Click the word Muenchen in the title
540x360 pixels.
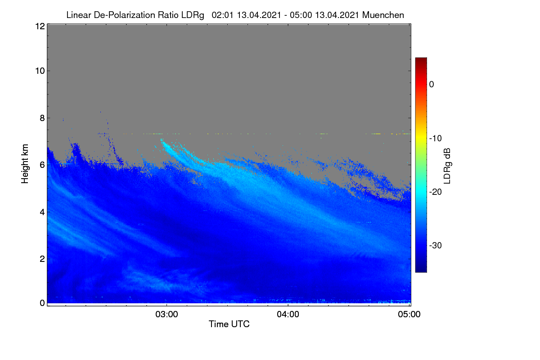(383, 15)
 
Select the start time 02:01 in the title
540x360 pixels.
(222, 15)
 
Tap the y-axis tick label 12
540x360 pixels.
(40, 26)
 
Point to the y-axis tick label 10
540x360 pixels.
(40, 71)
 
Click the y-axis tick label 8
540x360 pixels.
(42, 118)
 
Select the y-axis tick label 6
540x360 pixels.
(42, 165)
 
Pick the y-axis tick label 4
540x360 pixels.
(42, 212)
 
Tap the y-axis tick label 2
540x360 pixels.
(42, 259)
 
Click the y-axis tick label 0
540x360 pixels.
(42, 303)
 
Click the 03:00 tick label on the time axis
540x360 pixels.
(166, 315)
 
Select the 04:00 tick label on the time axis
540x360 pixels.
(288, 315)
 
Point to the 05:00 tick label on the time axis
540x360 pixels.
(409, 315)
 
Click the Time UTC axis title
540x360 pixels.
(229, 324)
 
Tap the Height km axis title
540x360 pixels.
(25, 164)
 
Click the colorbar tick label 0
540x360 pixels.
(432, 85)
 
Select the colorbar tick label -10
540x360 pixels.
(436, 139)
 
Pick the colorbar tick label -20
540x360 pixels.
(436, 192)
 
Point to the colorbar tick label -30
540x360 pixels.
(436, 245)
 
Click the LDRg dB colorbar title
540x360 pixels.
(447, 166)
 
